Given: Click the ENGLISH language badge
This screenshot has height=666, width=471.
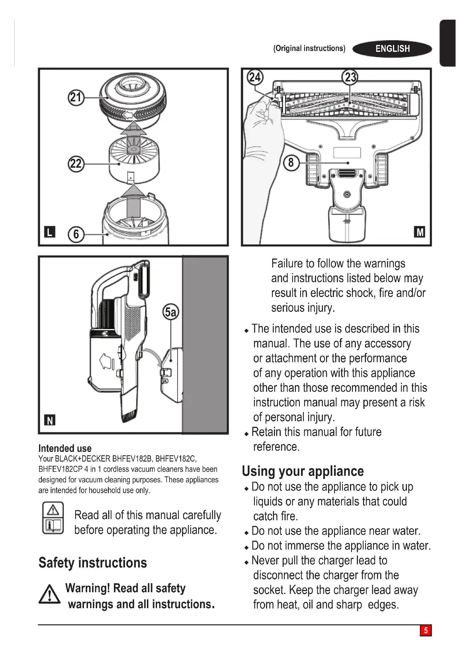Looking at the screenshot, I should tap(392, 49).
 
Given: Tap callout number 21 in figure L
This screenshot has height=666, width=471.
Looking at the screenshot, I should tap(76, 97).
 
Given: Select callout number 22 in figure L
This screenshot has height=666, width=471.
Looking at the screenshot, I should tap(76, 164).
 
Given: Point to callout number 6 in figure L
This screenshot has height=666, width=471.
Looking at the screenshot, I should tap(76, 234).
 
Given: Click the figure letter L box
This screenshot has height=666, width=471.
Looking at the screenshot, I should tap(50, 232).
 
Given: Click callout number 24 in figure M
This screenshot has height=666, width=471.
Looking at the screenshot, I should tap(255, 77).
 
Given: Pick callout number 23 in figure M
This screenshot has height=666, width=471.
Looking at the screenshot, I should tap(350, 77).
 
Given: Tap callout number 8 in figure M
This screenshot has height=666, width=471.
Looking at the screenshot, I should tap(291, 163).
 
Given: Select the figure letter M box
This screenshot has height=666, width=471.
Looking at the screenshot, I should tap(420, 232).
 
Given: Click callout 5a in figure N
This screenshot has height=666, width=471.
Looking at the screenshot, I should tap(171, 312).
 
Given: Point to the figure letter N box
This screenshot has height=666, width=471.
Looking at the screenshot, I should tap(50, 420).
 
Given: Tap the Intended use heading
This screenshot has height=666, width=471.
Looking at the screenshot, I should tap(65, 448).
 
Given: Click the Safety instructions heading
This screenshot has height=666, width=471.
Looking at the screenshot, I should tap(93, 563).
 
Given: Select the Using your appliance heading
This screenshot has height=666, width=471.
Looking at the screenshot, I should tap(303, 471).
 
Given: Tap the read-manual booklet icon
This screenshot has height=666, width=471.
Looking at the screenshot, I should tap(53, 518).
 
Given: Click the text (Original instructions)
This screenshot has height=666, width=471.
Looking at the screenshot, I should tap(309, 48).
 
